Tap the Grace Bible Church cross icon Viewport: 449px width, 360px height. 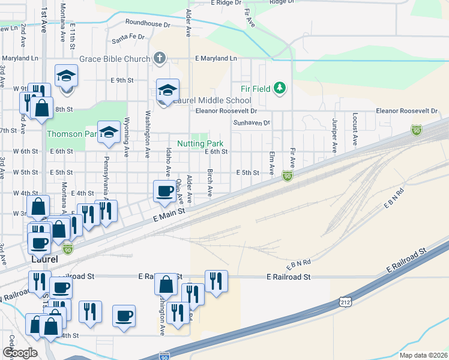pyautogui.click(x=160, y=58)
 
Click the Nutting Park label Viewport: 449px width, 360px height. pyautogui.click(x=200, y=143)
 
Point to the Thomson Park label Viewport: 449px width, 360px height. pyautogui.click(x=71, y=134)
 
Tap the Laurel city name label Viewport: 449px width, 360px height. pyautogui.click(x=44, y=260)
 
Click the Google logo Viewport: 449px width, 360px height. pyautogui.click(x=20, y=353)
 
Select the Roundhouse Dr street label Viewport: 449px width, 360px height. pyautogui.click(x=148, y=25)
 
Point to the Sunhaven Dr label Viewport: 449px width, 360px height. pyautogui.click(x=252, y=122)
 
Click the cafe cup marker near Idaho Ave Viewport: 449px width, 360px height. pyautogui.click(x=165, y=191)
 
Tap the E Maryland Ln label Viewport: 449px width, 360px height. pyautogui.click(x=216, y=58)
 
